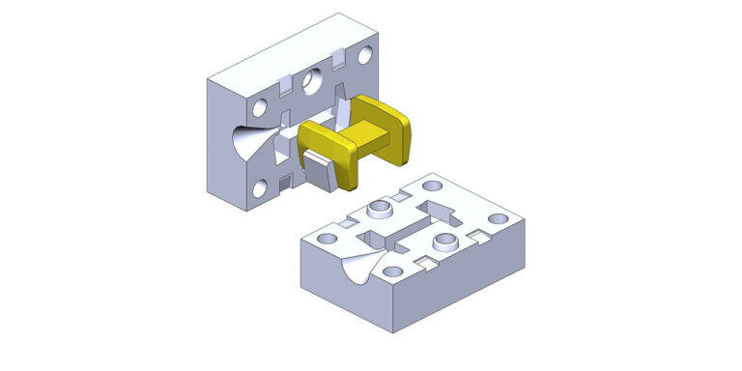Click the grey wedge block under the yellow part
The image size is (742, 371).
coord(319,174)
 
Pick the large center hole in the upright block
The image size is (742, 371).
coord(310,79)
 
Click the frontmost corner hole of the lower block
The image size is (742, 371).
coord(395,272)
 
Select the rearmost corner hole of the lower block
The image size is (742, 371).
coord(430,182)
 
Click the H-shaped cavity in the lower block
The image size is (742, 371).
coord(406,228)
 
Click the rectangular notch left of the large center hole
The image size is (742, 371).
coord(286,88)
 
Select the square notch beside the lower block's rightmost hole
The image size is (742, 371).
coord(476,235)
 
